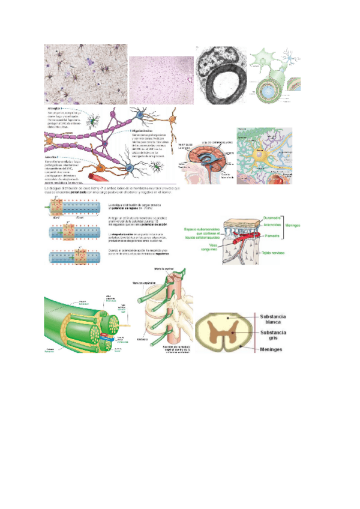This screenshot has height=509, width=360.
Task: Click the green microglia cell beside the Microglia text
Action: coord(93,121)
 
